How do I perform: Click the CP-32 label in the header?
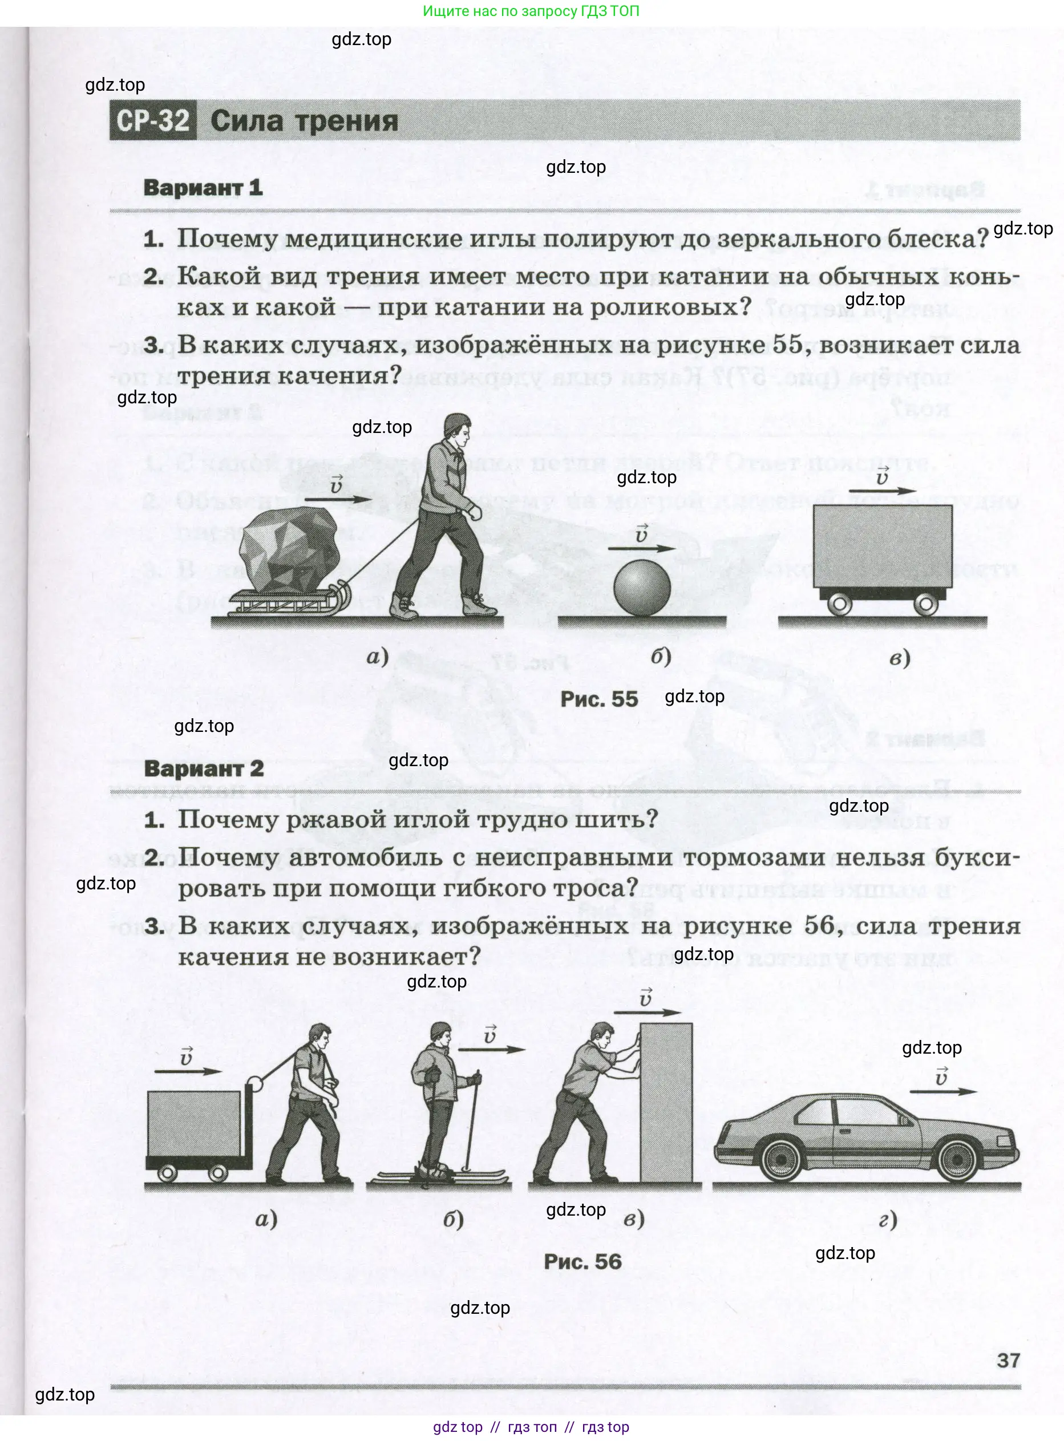click(153, 120)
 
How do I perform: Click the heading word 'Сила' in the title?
click(246, 121)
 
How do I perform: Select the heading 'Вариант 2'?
click(204, 768)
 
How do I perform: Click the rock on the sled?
click(288, 549)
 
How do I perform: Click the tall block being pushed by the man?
click(666, 1103)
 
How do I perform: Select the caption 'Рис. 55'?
click(598, 699)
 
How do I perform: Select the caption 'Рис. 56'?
click(582, 1261)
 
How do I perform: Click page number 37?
click(1008, 1361)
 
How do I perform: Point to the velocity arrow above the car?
click(944, 1091)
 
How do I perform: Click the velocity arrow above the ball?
click(641, 549)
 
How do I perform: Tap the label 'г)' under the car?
click(888, 1219)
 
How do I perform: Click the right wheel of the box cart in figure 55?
click(925, 604)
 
